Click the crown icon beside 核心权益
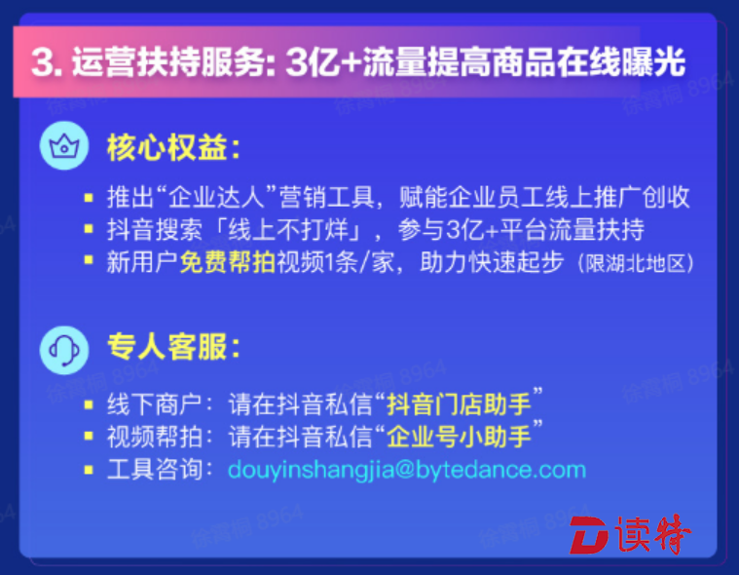click(64, 145)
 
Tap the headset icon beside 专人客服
click(64, 350)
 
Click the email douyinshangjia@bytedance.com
click(407, 470)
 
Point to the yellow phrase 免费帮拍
click(228, 262)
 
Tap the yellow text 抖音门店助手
click(459, 404)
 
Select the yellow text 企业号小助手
click(459, 437)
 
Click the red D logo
click(590, 535)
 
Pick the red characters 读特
click(652, 534)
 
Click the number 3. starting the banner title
click(47, 62)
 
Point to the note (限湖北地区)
click(636, 263)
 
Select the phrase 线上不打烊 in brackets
click(288, 230)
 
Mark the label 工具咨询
click(155, 470)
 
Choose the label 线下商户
click(155, 404)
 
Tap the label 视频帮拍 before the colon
click(155, 437)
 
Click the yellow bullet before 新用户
click(89, 260)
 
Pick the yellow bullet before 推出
click(89, 197)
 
